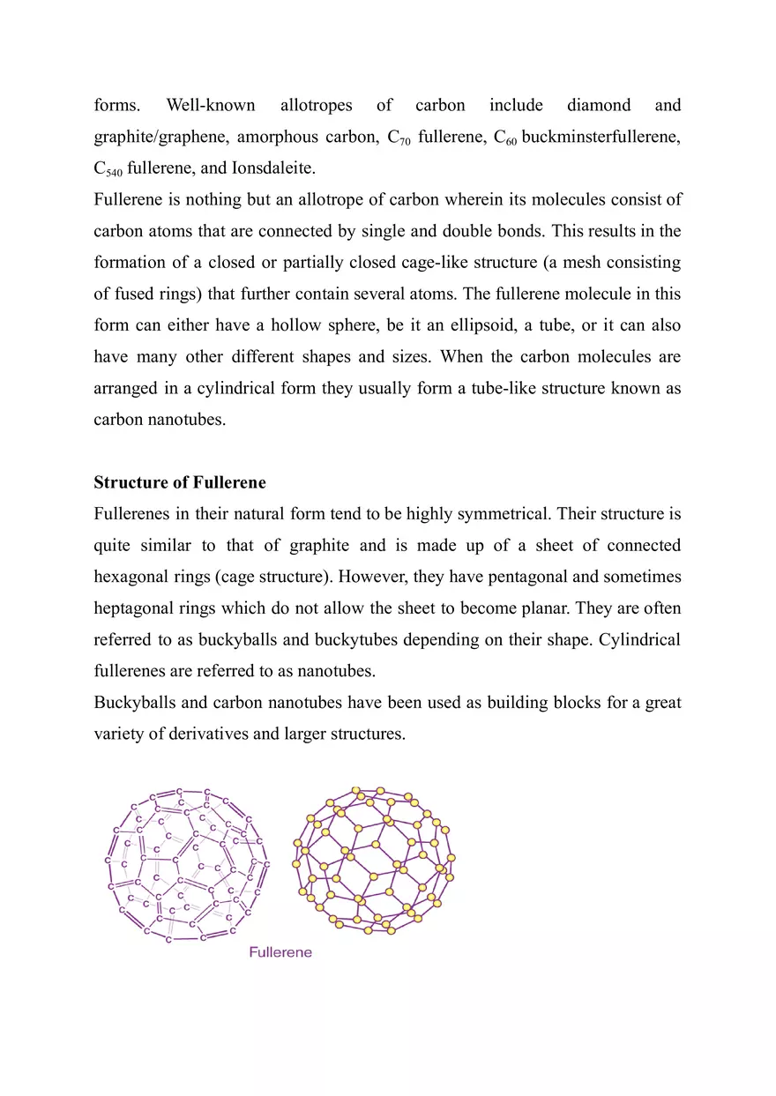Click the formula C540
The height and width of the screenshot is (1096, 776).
click(112, 169)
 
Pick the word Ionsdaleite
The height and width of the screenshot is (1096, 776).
click(271, 168)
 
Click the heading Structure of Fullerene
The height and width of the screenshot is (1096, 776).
click(180, 483)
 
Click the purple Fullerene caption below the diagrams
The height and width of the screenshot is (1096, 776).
click(280, 953)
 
